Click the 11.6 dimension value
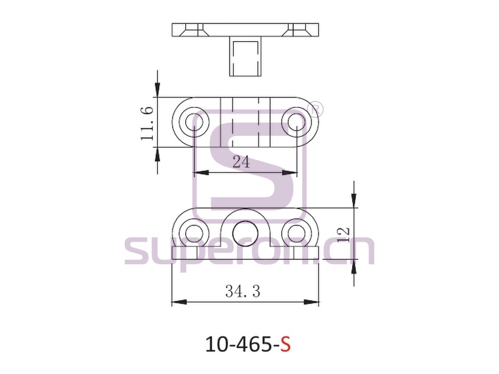click(x=147, y=124)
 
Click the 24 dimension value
click(x=242, y=162)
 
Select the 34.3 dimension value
click(x=242, y=291)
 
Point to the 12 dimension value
click(x=344, y=235)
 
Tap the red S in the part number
click(x=285, y=344)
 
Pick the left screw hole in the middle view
click(x=194, y=122)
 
